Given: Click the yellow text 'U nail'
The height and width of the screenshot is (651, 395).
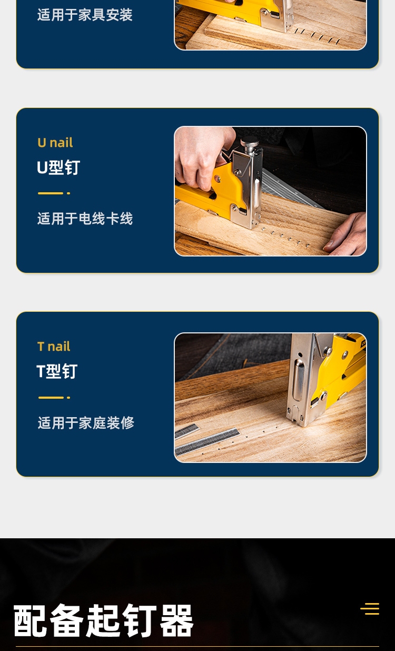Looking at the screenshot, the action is point(55,142).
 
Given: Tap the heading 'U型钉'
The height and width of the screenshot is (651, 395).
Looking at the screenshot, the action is point(58,167).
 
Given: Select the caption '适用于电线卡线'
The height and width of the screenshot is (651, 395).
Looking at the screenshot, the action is point(85,219).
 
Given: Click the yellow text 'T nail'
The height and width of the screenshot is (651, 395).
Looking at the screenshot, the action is point(54,347).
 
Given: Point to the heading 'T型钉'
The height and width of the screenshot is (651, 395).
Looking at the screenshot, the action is point(57,371).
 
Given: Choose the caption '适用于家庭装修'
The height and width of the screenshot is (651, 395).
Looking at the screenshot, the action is point(86,423).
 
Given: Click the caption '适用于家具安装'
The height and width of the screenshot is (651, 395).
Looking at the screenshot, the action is point(85,15).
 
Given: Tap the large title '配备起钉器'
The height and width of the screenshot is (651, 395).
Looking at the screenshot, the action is point(103,620).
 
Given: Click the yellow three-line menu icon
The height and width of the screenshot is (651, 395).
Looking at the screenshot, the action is point(370,608).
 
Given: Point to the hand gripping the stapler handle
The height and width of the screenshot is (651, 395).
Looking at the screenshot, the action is point(203,157).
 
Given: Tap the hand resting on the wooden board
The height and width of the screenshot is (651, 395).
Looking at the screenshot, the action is point(346,234).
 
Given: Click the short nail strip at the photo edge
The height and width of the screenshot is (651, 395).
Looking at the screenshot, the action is point(186,430).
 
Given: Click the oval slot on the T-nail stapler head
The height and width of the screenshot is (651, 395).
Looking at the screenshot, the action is point(298,380).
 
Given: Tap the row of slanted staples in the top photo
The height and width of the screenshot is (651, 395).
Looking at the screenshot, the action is point(317,36).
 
